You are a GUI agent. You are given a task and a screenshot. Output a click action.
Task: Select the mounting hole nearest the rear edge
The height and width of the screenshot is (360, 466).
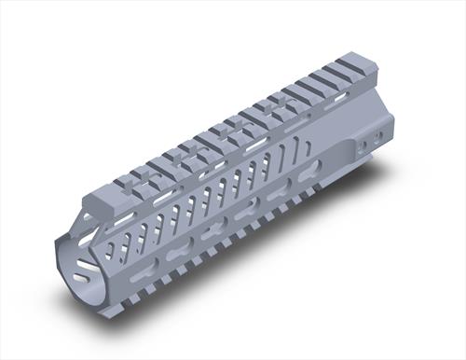(377, 136)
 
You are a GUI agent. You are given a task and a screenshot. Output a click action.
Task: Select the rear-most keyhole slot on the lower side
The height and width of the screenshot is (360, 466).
(309, 172)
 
